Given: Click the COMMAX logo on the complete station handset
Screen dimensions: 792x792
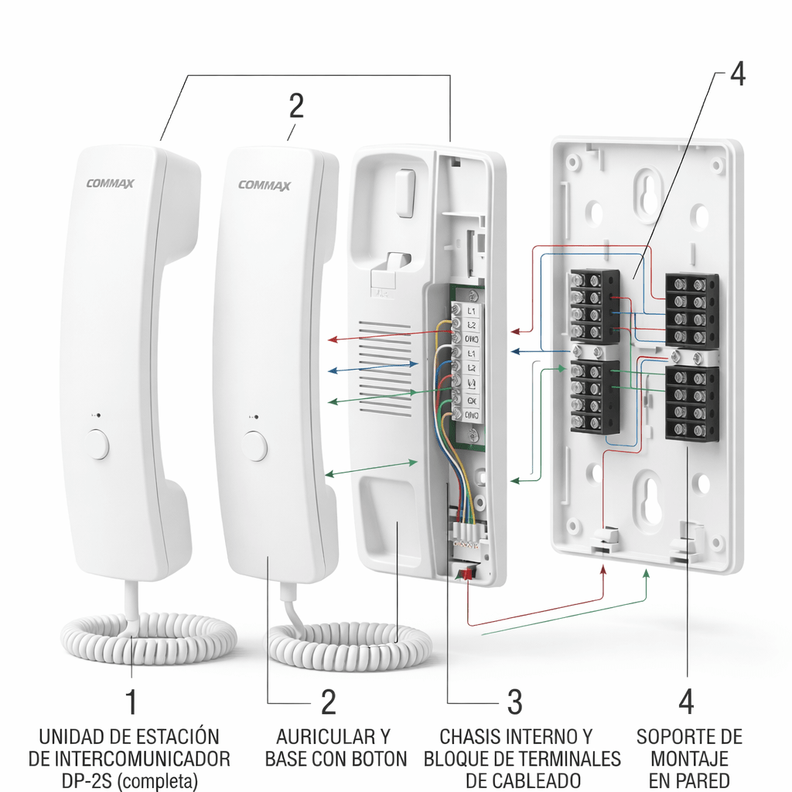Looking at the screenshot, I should click(x=111, y=183).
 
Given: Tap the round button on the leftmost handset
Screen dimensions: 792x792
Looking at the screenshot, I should click(x=99, y=445).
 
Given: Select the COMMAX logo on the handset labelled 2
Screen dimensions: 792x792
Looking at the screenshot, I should click(x=265, y=185).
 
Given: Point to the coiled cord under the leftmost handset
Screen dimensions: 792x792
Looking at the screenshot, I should click(x=148, y=638).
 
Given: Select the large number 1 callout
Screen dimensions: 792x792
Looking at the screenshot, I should click(x=132, y=702).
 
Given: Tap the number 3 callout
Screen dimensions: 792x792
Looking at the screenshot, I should click(x=514, y=702).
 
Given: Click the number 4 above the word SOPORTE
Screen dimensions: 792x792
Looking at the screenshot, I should click(x=686, y=702).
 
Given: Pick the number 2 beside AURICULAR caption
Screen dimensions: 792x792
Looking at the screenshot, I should click(x=329, y=702).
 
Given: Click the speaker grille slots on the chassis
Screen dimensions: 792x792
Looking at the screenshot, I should click(x=384, y=367).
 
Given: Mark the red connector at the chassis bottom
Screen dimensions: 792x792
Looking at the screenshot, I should click(x=466, y=572).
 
